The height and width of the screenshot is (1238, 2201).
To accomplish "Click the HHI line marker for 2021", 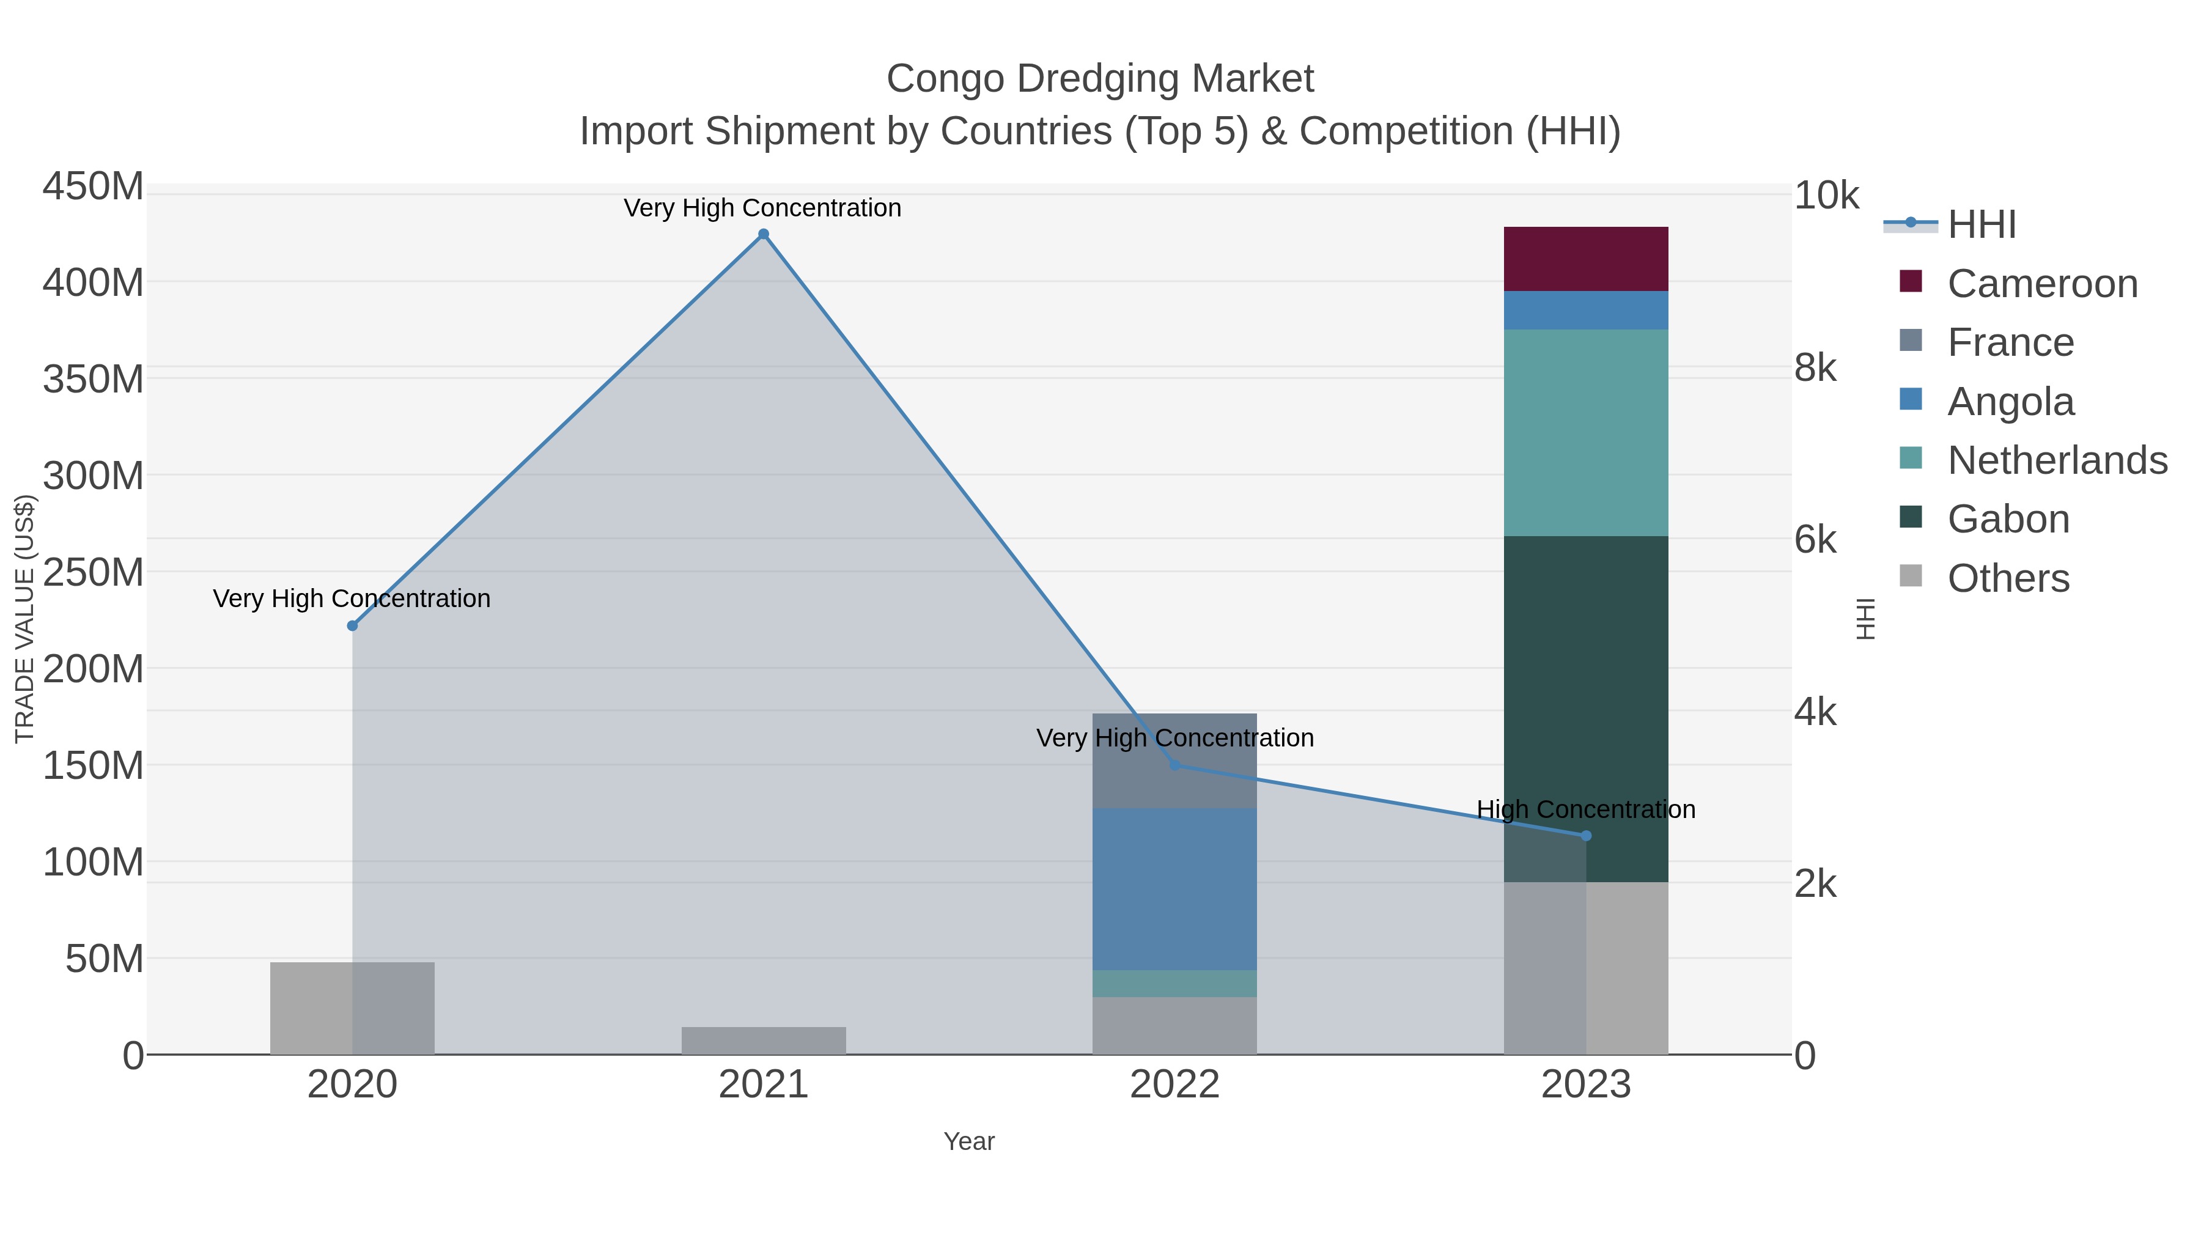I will [764, 235].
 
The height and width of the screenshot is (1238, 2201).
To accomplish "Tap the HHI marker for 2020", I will [352, 626].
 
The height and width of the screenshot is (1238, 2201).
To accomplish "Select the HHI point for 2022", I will [1175, 765].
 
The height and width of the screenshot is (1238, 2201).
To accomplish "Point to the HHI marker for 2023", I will [1586, 836].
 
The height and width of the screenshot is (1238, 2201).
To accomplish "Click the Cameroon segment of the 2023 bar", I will [1586, 260].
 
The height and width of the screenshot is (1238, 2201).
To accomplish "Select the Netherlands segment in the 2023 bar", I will [1586, 433].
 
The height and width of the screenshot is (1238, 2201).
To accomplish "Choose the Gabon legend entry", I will [2008, 520].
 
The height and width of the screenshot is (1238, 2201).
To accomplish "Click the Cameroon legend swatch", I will [1911, 282].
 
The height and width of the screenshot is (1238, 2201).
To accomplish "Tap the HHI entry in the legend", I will [1982, 225].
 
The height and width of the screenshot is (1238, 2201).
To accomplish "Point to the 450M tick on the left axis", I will [93, 186].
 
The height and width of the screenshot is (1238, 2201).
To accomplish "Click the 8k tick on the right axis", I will [1815, 368].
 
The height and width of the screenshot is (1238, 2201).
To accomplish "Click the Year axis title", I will [969, 1141].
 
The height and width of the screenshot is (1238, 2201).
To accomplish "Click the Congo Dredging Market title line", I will [1100, 79].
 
